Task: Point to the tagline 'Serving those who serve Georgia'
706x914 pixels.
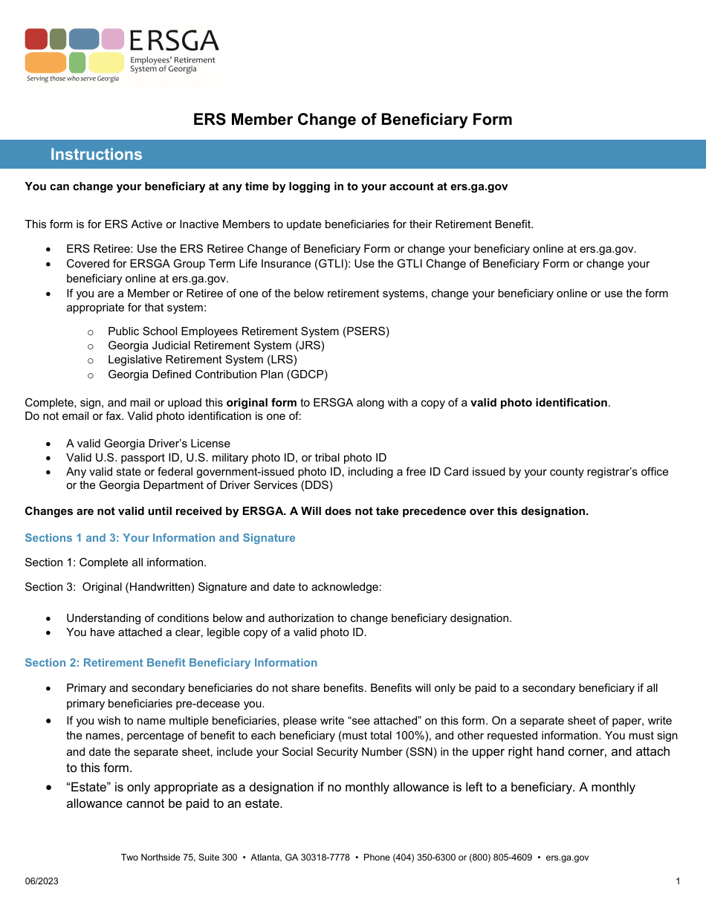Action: (72, 78)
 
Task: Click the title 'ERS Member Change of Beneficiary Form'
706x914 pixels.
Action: (352, 120)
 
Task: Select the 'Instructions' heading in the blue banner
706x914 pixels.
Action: (96, 155)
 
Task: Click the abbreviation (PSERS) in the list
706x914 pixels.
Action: (366, 331)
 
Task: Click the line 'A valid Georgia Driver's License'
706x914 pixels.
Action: (148, 444)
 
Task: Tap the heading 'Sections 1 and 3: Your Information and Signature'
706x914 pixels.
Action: (160, 538)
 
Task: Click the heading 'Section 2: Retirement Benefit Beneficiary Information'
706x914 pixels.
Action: (171, 663)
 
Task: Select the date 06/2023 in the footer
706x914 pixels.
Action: (42, 881)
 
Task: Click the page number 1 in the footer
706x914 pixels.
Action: (678, 881)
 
